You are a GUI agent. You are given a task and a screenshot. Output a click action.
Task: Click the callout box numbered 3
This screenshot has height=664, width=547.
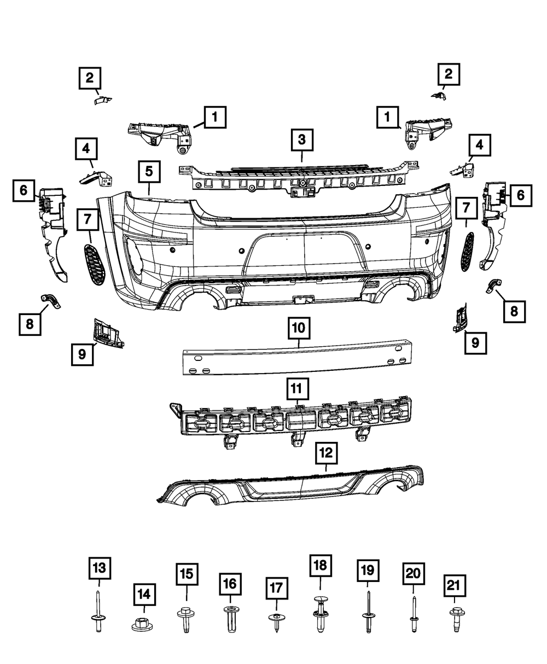click(301, 140)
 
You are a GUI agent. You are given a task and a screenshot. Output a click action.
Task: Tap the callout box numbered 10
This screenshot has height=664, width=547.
click(298, 329)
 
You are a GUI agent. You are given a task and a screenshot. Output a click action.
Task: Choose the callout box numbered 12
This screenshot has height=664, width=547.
click(326, 452)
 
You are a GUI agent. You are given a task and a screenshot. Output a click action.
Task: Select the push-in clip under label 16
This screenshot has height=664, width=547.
click(230, 620)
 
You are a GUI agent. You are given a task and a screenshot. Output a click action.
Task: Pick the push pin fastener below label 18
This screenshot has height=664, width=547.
click(320, 615)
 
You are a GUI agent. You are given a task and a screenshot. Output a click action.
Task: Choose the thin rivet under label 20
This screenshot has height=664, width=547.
click(412, 615)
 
